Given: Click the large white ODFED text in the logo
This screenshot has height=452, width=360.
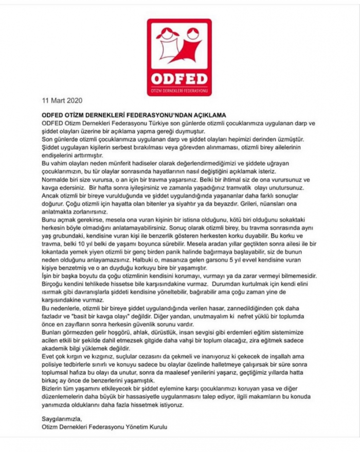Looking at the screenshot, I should click(179, 78).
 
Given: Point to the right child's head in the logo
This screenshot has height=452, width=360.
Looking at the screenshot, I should click(192, 35).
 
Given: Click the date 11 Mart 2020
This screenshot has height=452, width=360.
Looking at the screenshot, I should click(62, 100).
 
